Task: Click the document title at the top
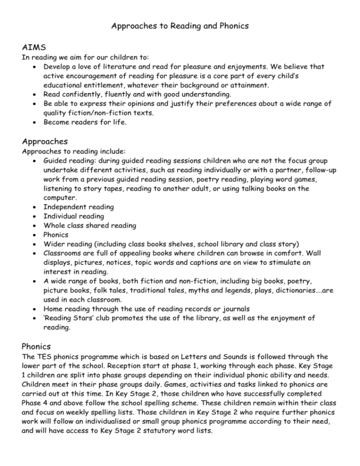(x=180, y=26)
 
